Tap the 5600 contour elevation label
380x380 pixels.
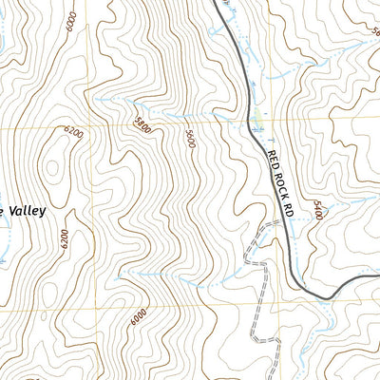[x=191, y=138]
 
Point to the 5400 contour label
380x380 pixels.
[x=316, y=210]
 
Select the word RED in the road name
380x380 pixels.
[x=272, y=156]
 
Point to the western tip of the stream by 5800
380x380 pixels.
[x=95, y=99]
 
